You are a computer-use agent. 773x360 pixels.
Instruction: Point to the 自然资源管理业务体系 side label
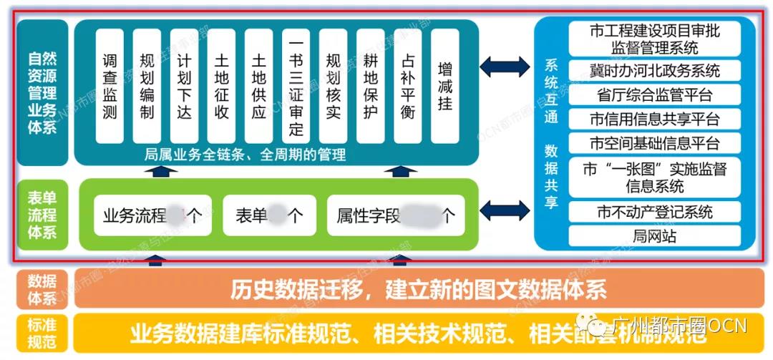[43, 92]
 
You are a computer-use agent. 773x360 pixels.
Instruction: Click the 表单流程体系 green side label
[43, 214]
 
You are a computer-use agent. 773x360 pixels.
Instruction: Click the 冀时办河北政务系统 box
[654, 71]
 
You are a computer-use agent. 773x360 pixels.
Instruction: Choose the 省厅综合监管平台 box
[654, 94]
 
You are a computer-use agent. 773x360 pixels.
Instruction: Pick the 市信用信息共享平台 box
[654, 119]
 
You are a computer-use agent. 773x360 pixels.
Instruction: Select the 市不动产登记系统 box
[654, 212]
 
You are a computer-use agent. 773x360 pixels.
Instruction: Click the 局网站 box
[654, 235]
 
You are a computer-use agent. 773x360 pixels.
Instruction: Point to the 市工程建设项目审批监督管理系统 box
[654, 39]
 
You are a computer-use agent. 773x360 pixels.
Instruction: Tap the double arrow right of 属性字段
[505, 210]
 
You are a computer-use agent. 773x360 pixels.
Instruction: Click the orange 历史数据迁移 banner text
[418, 290]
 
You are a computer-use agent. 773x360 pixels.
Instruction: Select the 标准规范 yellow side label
[43, 333]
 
